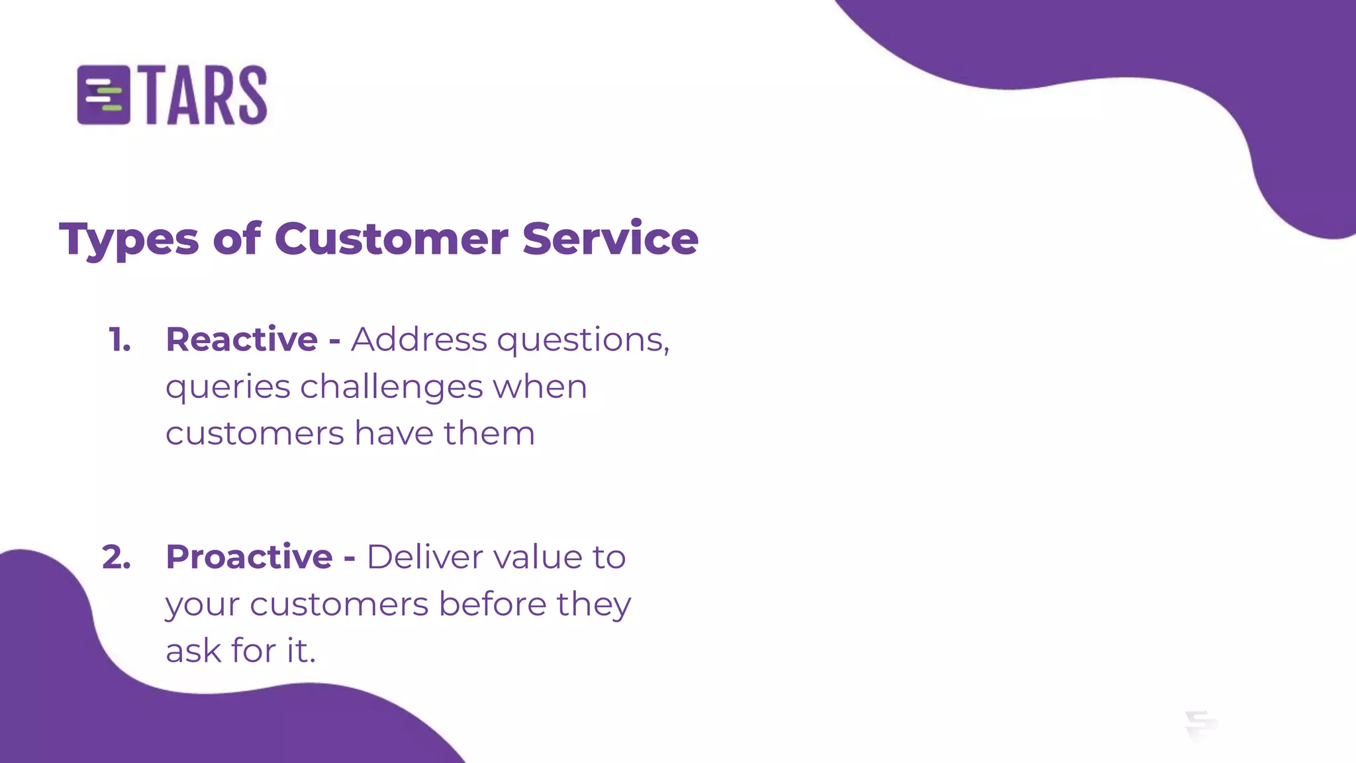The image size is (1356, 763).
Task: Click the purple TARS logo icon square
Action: point(103,95)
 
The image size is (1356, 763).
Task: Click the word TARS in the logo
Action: point(205,95)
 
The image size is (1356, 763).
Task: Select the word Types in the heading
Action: point(128,240)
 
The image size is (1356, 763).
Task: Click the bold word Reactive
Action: point(242,340)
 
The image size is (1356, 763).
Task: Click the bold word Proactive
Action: point(249,557)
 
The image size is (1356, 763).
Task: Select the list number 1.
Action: point(120,340)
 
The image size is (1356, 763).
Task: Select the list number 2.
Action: point(117,557)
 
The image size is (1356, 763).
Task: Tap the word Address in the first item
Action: point(418,340)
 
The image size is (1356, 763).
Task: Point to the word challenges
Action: point(391,387)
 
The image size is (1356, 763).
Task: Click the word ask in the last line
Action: point(193,651)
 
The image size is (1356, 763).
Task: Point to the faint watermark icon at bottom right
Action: point(1200,725)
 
